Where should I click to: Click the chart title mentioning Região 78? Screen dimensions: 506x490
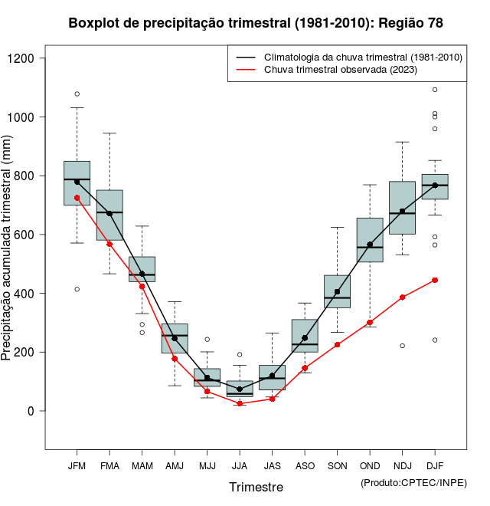tap(256, 23)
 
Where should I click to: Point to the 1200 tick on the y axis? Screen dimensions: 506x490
tap(26, 58)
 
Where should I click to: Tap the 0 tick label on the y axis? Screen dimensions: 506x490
tap(31, 411)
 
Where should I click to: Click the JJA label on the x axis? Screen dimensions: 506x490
tap(240, 465)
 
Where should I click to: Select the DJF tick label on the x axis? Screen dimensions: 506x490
tap(435, 465)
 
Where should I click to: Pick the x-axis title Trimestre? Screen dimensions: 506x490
tap(256, 487)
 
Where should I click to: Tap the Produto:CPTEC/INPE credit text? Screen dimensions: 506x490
tap(413, 481)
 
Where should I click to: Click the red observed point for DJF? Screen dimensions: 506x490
tap(435, 280)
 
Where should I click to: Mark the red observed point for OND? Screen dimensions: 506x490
tap(370, 323)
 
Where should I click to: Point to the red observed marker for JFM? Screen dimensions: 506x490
tap(77, 198)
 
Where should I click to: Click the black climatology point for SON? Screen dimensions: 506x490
tap(337, 291)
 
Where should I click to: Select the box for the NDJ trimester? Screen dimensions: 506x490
tap(402, 208)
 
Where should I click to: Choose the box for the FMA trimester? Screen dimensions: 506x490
tap(109, 215)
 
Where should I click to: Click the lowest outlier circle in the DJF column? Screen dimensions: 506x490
tap(435, 340)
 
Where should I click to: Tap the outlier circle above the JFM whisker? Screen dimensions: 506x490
tap(77, 94)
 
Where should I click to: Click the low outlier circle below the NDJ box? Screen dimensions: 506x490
tap(402, 346)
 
